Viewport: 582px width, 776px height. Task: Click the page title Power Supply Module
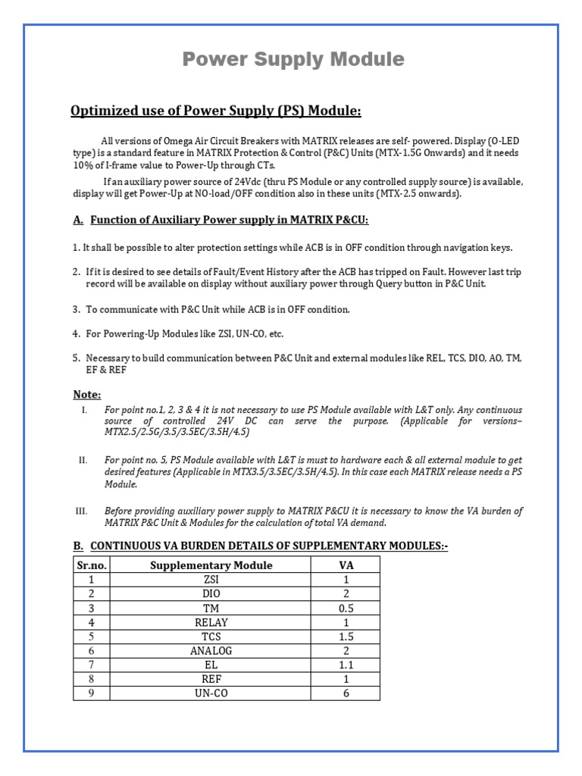click(x=293, y=59)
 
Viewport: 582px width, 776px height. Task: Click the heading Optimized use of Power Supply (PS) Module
click(x=216, y=111)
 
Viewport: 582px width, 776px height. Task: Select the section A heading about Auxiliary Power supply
click(x=221, y=220)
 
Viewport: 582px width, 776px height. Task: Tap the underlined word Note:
click(x=86, y=394)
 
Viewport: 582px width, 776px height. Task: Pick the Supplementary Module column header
click(x=211, y=565)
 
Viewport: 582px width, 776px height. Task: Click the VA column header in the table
click(x=346, y=565)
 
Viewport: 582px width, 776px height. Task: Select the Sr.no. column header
click(x=92, y=565)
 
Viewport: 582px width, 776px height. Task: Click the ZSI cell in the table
click(x=211, y=580)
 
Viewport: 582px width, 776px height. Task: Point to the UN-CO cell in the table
click(x=211, y=693)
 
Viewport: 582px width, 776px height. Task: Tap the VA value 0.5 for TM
click(x=346, y=608)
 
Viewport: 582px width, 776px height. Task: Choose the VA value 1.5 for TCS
click(x=346, y=637)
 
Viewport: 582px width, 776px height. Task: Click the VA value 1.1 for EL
click(x=346, y=665)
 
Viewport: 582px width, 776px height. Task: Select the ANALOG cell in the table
click(x=211, y=650)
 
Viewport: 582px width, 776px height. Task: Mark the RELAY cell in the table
click(x=211, y=622)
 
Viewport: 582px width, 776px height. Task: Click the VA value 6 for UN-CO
click(x=346, y=693)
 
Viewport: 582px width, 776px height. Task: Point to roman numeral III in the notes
click(x=82, y=512)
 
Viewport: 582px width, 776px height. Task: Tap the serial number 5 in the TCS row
click(x=92, y=637)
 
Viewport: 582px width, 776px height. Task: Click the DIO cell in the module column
click(x=211, y=594)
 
